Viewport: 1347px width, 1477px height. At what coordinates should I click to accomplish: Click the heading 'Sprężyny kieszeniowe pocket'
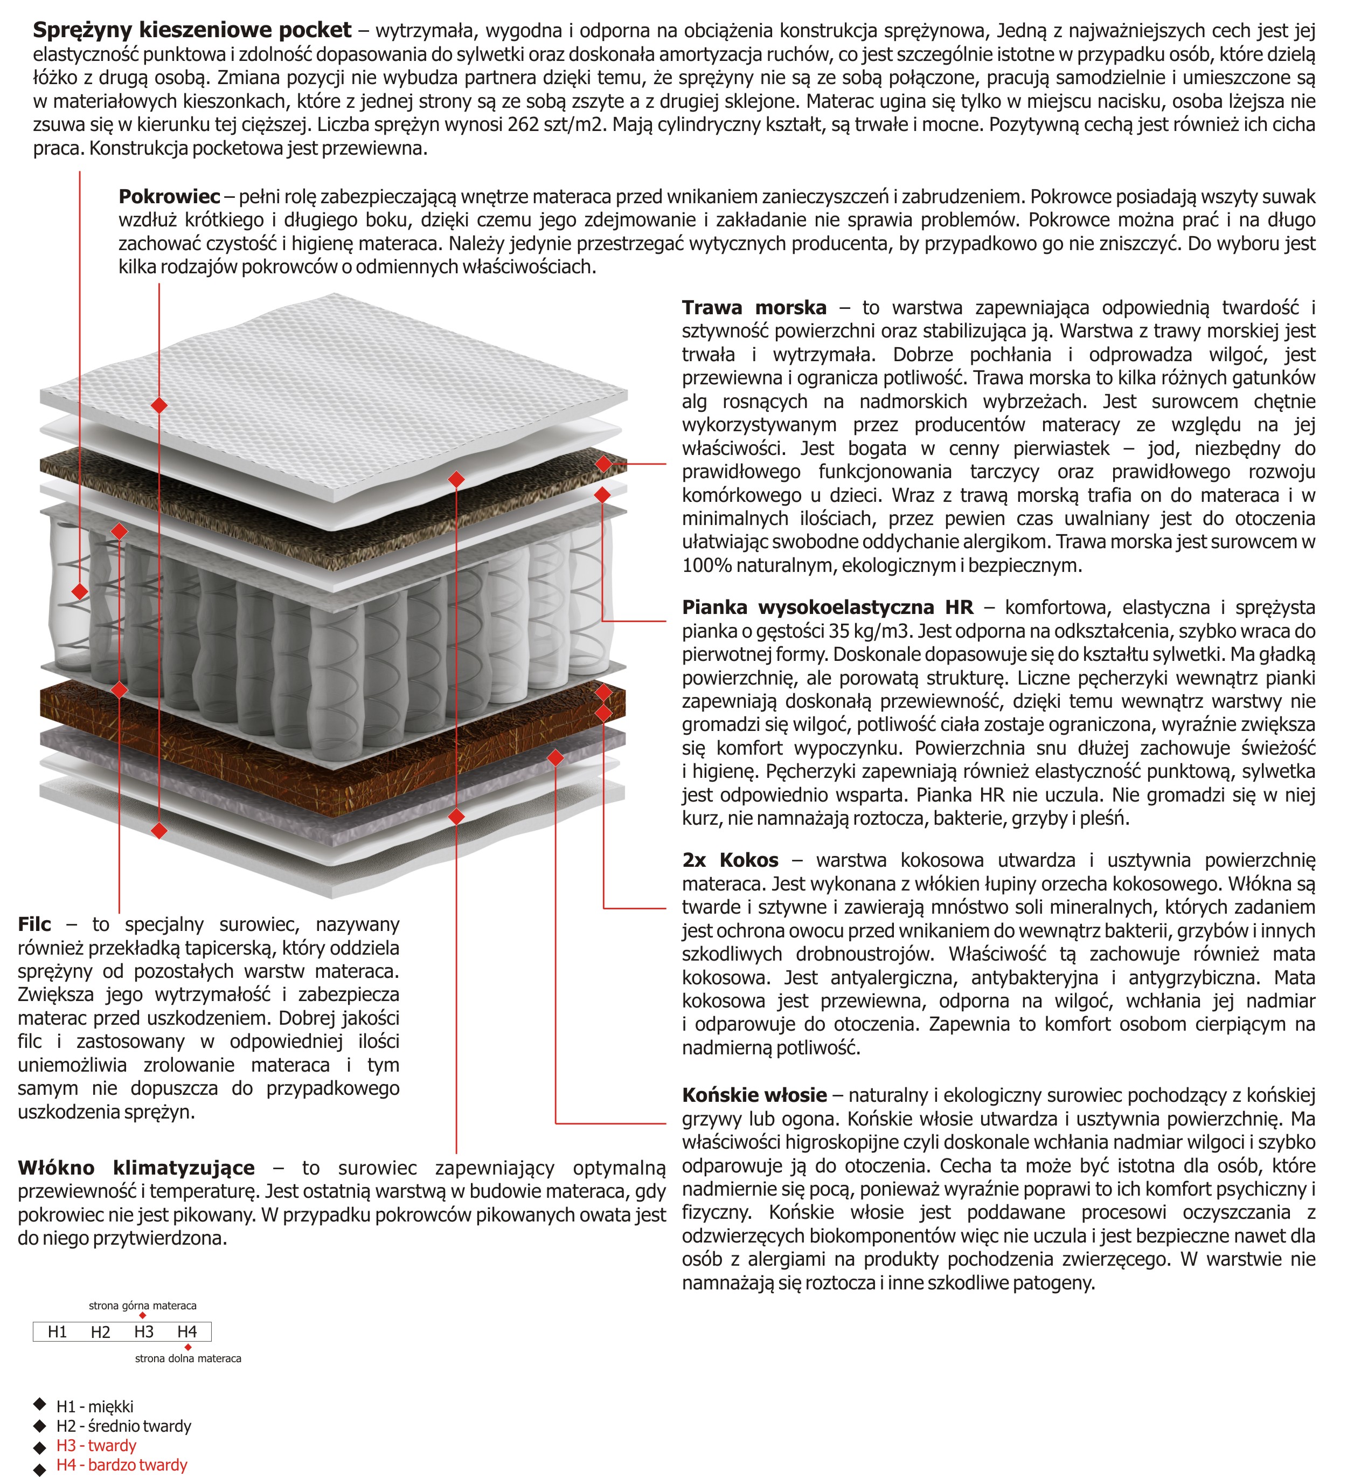pos(192,31)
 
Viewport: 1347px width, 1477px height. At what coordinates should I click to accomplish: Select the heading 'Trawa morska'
pos(754,308)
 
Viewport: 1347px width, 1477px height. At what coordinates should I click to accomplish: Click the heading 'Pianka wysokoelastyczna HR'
pos(828,608)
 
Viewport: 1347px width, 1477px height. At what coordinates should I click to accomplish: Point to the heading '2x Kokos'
pos(730,860)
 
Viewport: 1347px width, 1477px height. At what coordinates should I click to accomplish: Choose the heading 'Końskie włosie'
pos(754,1095)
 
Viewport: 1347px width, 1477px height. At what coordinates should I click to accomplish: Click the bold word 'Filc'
pos(34,924)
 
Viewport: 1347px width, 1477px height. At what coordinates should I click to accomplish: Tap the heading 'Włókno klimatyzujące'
pos(136,1168)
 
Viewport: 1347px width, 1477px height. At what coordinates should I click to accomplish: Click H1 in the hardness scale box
pos(57,1332)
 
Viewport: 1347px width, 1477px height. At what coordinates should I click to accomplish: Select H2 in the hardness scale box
pos(100,1332)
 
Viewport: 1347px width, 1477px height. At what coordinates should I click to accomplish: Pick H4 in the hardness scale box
pos(187,1332)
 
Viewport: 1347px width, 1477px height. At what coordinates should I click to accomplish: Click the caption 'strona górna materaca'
pos(142,1306)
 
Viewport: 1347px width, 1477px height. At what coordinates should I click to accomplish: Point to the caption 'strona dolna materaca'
pos(188,1358)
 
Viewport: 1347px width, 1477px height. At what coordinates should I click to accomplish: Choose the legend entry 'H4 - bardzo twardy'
pos(122,1465)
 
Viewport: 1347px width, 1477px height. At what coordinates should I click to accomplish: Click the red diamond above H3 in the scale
pos(143,1316)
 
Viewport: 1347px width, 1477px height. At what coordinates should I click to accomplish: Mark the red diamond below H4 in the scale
pos(188,1347)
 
